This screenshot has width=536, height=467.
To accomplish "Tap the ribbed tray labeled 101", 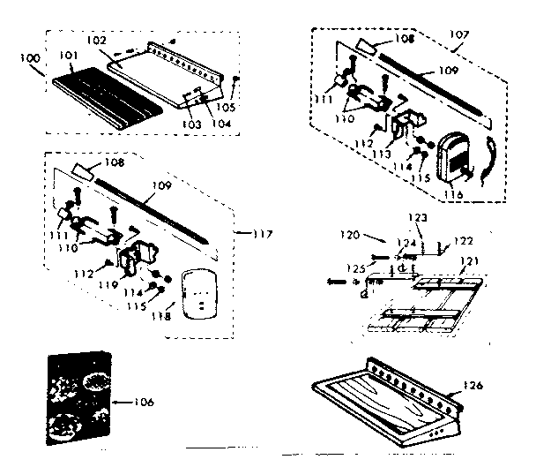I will coord(107,98).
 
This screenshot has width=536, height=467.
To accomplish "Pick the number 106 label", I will coord(141,403).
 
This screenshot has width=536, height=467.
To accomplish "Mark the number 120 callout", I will coord(349,236).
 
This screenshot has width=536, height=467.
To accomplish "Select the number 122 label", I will coord(465,240).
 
